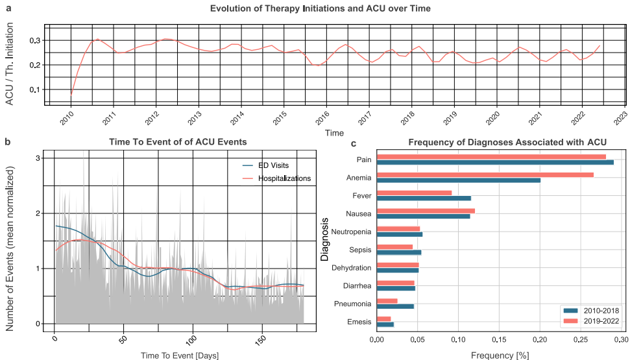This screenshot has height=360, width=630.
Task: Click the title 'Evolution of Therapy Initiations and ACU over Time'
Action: coord(320,8)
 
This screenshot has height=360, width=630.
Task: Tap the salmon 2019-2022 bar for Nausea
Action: coord(426,211)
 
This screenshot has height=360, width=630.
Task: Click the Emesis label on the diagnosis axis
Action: coord(359,321)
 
